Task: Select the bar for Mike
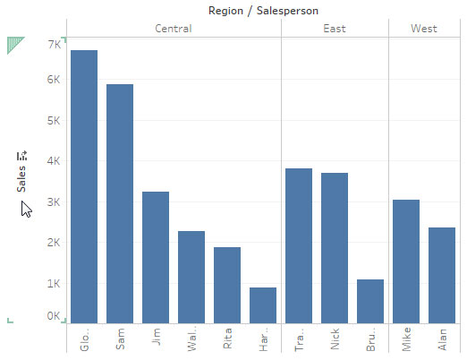click(406, 261)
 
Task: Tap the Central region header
click(174, 29)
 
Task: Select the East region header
click(335, 29)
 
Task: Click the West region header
click(424, 29)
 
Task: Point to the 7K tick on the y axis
click(54, 43)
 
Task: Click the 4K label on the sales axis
click(54, 161)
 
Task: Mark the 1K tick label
click(54, 284)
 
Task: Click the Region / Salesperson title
click(250, 11)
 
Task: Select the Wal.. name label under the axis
click(191, 342)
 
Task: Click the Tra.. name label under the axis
click(299, 342)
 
